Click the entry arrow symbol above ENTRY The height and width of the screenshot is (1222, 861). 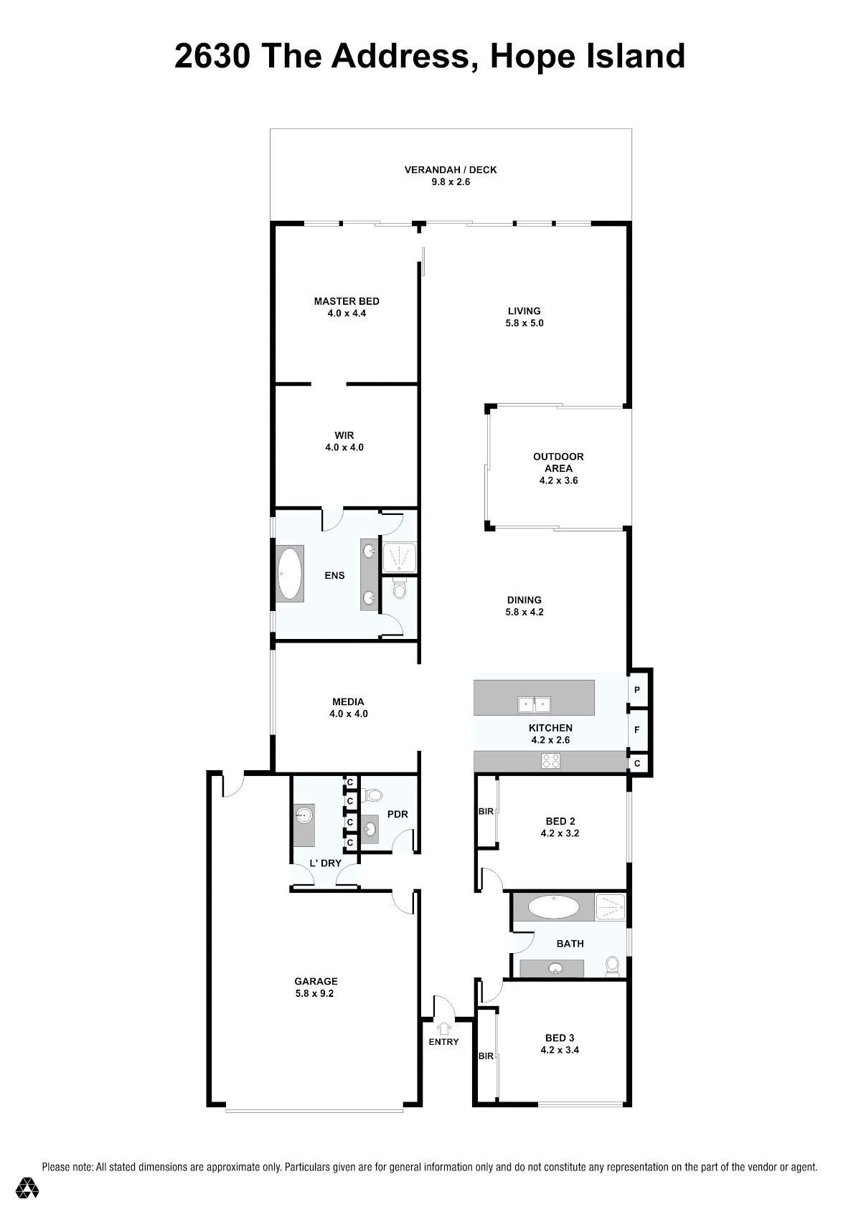(444, 1028)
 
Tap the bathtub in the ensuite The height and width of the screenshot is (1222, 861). (289, 574)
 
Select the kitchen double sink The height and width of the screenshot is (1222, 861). (534, 704)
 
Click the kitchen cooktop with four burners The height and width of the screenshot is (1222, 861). (550, 760)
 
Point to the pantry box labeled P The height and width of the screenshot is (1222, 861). (637, 690)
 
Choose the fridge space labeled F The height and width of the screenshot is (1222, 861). (637, 729)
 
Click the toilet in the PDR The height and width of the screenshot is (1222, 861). (373, 795)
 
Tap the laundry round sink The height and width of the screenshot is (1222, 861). (303, 815)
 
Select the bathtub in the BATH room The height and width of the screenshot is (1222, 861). (554, 907)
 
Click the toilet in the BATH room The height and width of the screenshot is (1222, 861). (612, 965)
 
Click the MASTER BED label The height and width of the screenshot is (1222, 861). (347, 301)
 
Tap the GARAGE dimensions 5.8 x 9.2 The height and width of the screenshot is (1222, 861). (314, 993)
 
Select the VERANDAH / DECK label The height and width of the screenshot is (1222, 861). (451, 170)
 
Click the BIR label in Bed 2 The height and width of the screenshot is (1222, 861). (486, 811)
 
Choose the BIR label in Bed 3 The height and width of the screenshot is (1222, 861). (486, 1056)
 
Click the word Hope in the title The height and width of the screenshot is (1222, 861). (532, 58)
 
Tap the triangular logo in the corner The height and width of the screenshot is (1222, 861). (27, 1188)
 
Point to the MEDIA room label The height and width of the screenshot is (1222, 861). (348, 701)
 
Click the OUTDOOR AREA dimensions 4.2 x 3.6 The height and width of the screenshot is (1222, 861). (558, 480)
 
